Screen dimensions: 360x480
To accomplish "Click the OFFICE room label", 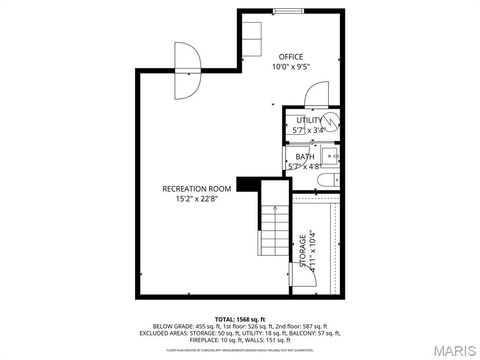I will [291, 56].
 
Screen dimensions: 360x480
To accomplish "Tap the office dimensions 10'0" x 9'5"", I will [291, 67].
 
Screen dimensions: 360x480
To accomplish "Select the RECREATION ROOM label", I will [197, 188].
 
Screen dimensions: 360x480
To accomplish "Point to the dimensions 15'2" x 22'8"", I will [197, 198].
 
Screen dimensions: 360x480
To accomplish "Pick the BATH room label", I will [303, 157].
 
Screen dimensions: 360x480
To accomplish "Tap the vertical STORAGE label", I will [302, 252].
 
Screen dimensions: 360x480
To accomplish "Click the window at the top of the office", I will [289, 11].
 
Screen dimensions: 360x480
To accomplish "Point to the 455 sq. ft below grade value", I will [199, 326].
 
